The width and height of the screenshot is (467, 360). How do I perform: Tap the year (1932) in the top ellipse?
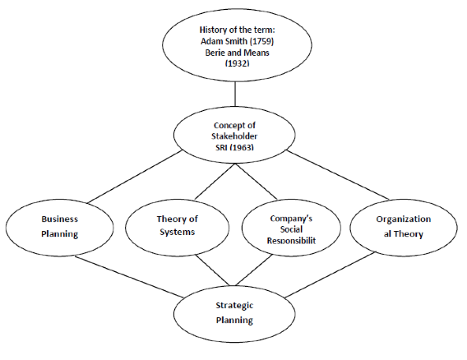pyautogui.click(x=238, y=63)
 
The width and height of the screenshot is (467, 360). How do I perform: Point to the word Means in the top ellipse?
pyautogui.click(x=257, y=53)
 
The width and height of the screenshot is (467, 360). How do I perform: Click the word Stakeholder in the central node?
pyautogui.click(x=234, y=136)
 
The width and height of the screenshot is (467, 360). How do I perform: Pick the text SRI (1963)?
pyautogui.click(x=234, y=147)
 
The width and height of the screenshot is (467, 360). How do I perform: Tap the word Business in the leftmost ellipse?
pyautogui.click(x=60, y=219)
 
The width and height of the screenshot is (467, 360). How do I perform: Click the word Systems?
pyautogui.click(x=178, y=232)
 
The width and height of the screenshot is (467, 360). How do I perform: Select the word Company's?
pyautogui.click(x=291, y=219)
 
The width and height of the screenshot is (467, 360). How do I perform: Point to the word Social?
pyautogui.click(x=291, y=229)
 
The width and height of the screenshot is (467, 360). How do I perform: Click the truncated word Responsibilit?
pyautogui.click(x=291, y=240)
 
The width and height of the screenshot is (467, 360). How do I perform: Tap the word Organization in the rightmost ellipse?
pyautogui.click(x=403, y=219)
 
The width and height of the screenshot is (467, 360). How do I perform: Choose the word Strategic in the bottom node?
pyautogui.click(x=234, y=306)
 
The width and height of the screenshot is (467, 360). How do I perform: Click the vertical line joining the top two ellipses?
pyautogui.click(x=235, y=94)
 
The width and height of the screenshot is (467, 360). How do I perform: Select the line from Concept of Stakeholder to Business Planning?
pyautogui.click(x=135, y=177)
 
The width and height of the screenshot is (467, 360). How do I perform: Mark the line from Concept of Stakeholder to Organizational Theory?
pyautogui.click(x=338, y=175)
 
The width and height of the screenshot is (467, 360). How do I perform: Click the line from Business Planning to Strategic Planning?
pyautogui.click(x=129, y=276)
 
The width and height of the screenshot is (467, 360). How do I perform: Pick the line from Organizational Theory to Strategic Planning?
pyautogui.click(x=330, y=275)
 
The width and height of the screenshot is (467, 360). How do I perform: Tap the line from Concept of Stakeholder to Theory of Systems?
pyautogui.click(x=215, y=182)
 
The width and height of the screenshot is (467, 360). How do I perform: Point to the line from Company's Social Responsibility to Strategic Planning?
pyautogui.click(x=254, y=270)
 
